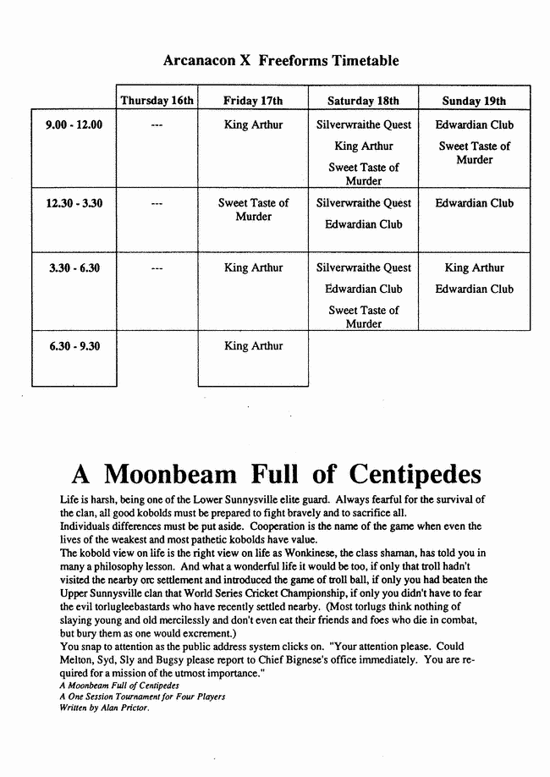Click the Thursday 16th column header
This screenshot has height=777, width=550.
(x=157, y=101)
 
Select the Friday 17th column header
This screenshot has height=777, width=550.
(x=253, y=101)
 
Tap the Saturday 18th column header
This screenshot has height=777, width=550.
(x=363, y=101)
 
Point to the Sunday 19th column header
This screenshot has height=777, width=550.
(x=474, y=101)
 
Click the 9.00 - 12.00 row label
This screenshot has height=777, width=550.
(x=74, y=124)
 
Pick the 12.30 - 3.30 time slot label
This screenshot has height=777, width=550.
(x=74, y=203)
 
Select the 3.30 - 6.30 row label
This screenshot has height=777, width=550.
(x=74, y=267)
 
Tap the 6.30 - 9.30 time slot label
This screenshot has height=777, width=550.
(x=74, y=345)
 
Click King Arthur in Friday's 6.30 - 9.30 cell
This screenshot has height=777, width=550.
(x=253, y=345)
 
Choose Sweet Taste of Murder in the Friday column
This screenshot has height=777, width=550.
(x=253, y=209)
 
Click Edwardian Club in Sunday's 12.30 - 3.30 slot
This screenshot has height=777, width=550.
(x=474, y=203)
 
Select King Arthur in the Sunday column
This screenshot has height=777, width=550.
(x=474, y=267)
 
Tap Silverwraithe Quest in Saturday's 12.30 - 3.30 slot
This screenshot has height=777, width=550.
(x=363, y=203)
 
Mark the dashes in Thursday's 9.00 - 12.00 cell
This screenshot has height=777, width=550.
(x=157, y=125)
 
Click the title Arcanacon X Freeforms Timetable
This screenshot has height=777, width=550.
(x=280, y=61)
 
